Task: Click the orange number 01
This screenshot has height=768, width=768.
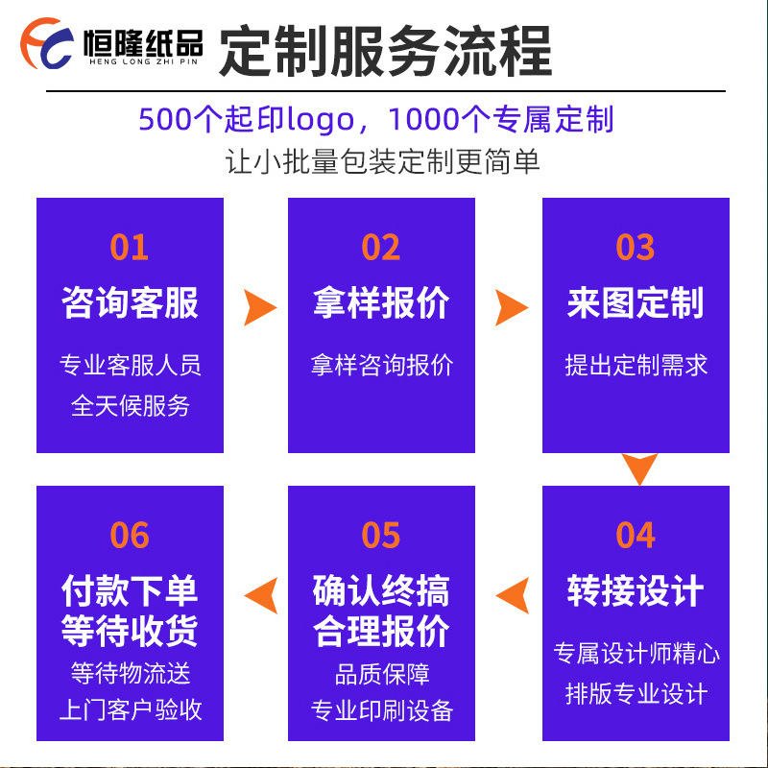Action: pyautogui.click(x=130, y=247)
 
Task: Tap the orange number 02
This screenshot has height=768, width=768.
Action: pyautogui.click(x=381, y=247)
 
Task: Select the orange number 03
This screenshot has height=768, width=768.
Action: pyautogui.click(x=635, y=247)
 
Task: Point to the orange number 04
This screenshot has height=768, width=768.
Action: pyautogui.click(x=635, y=535)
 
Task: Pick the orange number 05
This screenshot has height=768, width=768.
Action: pyautogui.click(x=381, y=535)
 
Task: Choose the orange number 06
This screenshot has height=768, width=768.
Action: pyautogui.click(x=130, y=535)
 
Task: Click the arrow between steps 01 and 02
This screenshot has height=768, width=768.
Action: pyautogui.click(x=258, y=307)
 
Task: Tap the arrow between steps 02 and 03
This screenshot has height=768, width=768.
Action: pyautogui.click(x=511, y=307)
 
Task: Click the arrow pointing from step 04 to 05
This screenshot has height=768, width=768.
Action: pyautogui.click(x=512, y=595)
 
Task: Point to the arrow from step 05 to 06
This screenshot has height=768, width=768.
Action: pyautogui.click(x=260, y=595)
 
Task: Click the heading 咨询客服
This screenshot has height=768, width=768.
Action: pyautogui.click(x=130, y=302)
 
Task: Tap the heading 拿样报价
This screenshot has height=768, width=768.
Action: pyautogui.click(x=381, y=302)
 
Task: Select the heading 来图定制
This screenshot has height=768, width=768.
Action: pyautogui.click(x=635, y=302)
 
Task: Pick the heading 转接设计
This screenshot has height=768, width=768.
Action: pyautogui.click(x=635, y=590)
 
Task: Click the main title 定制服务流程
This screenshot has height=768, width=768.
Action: pyautogui.click(x=386, y=50)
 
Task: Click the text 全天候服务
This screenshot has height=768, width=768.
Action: pyautogui.click(x=130, y=405)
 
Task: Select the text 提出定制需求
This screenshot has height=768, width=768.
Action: pyautogui.click(x=635, y=365)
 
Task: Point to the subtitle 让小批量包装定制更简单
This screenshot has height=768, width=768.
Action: pyautogui.click(x=383, y=160)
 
